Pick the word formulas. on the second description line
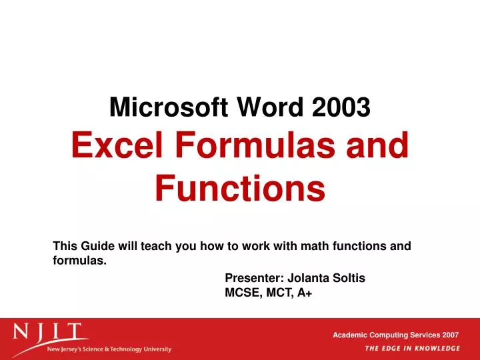[x=79, y=261]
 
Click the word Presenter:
[x=255, y=278]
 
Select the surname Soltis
[x=349, y=278]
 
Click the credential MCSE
[x=241, y=293]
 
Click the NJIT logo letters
[x=50, y=333]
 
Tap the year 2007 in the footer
[x=449, y=335]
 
